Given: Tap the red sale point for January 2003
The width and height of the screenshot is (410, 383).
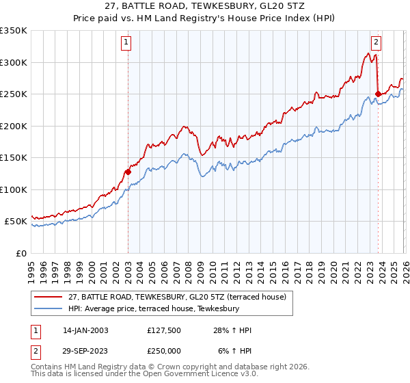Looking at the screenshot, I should coord(128,172).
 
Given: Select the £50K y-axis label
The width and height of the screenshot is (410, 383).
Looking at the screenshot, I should coord(16,222).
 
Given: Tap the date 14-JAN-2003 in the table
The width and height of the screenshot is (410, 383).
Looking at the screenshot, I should coord(85,331).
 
